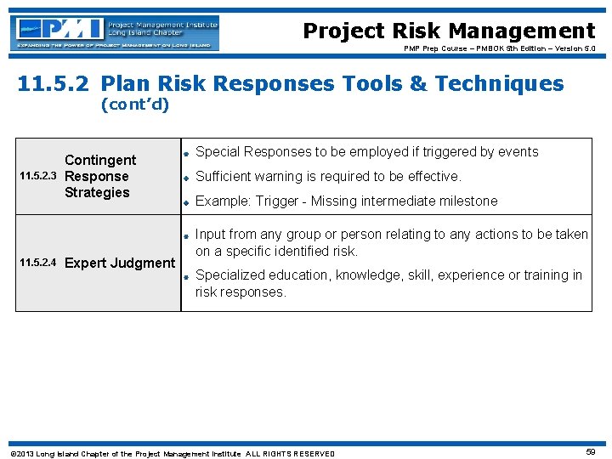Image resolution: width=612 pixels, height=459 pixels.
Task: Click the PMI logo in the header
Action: pos(115,32)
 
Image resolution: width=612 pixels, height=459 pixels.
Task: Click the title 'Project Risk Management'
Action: pos(449,31)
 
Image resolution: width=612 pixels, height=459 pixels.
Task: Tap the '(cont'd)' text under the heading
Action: pos(134,105)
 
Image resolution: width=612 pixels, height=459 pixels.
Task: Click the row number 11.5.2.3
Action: pos(39,177)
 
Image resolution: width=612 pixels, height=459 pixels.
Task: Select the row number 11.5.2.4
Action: pos(39,263)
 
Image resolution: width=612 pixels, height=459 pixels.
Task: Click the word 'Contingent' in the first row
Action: pos(100,160)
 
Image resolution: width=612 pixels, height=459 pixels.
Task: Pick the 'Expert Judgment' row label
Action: pos(120,263)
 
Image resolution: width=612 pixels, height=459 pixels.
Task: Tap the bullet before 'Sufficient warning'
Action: pos(184,178)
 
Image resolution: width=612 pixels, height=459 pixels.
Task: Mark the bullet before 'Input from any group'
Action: pos(184,235)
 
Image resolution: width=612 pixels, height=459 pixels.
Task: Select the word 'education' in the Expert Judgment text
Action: pos(301,275)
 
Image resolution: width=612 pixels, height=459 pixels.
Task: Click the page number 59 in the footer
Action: pos(591,452)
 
